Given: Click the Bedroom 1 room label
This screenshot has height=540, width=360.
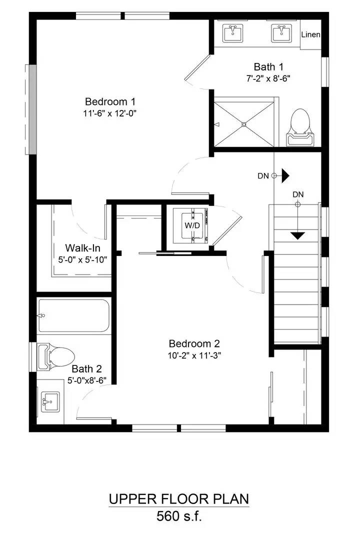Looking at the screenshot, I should click(x=110, y=101).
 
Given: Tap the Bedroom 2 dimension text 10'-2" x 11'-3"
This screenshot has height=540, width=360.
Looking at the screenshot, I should click(x=194, y=355).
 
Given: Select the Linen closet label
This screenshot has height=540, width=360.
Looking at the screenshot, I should click(x=310, y=35).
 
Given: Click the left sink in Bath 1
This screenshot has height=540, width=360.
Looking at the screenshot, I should click(x=232, y=33).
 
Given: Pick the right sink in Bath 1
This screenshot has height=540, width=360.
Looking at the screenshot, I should click(x=281, y=33).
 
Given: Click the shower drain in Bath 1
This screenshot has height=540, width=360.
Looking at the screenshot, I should click(x=244, y=124).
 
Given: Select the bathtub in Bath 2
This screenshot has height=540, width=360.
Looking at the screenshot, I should click(x=74, y=316).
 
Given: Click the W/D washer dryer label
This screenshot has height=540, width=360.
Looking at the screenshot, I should click(x=192, y=225).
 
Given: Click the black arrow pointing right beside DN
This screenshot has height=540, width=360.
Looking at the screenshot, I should click(x=285, y=175).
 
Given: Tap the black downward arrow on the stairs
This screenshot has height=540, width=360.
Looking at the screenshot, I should click(x=297, y=235).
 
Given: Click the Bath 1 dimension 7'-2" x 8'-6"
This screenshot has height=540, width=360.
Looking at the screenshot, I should click(x=268, y=78).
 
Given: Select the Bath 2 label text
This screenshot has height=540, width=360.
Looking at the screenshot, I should click(x=86, y=369).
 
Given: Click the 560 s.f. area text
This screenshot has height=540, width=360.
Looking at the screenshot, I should click(x=179, y=516).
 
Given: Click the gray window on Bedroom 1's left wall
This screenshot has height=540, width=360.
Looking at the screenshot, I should click(x=32, y=109).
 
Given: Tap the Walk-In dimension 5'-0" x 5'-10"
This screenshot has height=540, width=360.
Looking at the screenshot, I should click(x=83, y=259).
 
